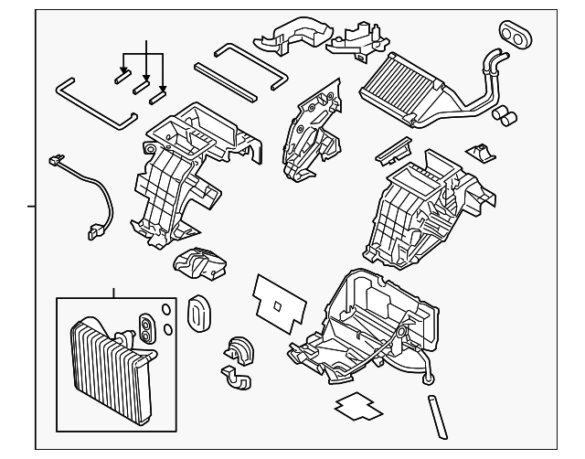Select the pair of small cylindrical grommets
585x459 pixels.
pos(505,116)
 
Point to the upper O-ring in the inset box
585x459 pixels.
pos(163,311)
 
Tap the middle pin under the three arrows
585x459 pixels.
pos(142,87)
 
